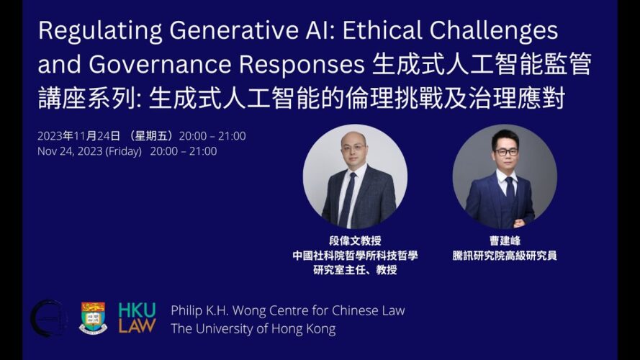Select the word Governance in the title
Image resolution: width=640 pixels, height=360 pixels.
[160, 65]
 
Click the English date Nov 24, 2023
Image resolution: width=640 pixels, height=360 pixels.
[70, 151]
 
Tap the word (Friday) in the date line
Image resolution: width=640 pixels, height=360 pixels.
[123, 151]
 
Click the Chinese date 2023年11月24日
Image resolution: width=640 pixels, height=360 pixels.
[78, 136]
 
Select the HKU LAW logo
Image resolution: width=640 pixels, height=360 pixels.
[137, 318]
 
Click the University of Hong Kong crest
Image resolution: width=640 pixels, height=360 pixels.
[93, 318]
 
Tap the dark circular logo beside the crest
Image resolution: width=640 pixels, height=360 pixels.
[48, 318]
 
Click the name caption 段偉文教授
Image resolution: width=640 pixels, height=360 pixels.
[355, 240]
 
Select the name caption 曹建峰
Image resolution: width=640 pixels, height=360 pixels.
[505, 240]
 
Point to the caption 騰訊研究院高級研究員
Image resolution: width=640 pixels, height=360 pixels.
[505, 256]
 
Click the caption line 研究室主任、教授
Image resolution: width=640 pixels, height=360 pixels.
[355, 270]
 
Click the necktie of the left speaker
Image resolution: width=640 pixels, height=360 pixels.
[347, 199]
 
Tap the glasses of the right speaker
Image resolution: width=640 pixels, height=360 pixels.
[507, 152]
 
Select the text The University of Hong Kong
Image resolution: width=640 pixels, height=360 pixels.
[253, 329]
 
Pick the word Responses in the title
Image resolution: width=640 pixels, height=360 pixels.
[302, 66]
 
